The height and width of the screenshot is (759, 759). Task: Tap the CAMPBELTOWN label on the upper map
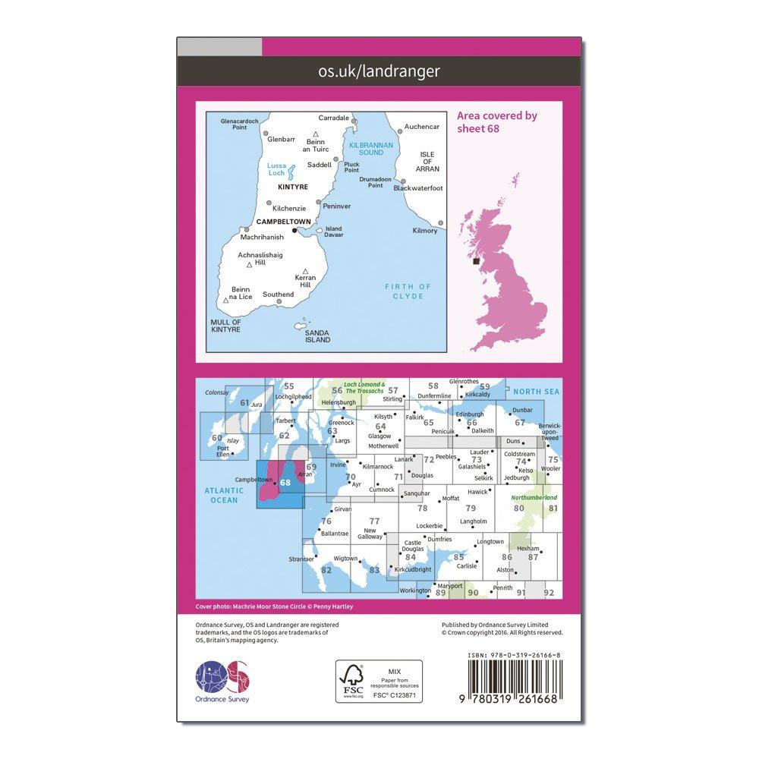pyautogui.click(x=283, y=222)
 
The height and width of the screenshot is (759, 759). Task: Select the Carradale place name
pyautogui.click(x=334, y=118)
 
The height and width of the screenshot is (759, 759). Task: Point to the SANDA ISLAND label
pyautogui.click(x=317, y=336)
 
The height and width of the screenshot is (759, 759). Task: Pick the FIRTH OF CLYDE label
pyautogui.click(x=408, y=291)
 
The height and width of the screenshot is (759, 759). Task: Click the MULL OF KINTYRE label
pyautogui.click(x=225, y=326)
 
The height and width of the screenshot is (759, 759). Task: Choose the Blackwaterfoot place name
pyautogui.click(x=418, y=188)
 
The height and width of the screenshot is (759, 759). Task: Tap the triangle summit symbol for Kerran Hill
pyautogui.click(x=305, y=271)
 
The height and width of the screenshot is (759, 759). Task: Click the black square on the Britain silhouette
pyautogui.click(x=476, y=261)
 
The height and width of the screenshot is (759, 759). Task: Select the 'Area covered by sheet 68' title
pyautogui.click(x=497, y=121)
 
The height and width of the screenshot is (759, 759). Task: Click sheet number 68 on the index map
pyautogui.click(x=285, y=482)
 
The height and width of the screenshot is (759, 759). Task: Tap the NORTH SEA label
pyautogui.click(x=534, y=392)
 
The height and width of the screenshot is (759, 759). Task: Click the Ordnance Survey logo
pyautogui.click(x=222, y=679)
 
